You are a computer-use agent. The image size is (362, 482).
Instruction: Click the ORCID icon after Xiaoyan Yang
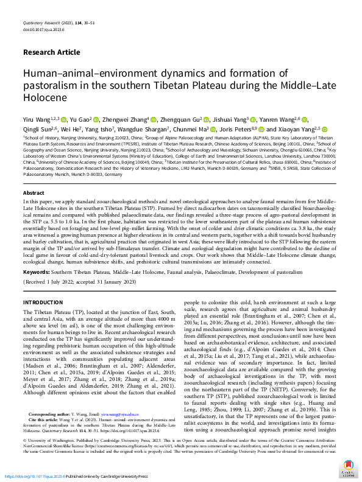[325, 130]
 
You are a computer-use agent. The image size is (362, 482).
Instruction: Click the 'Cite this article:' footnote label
[42, 434]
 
